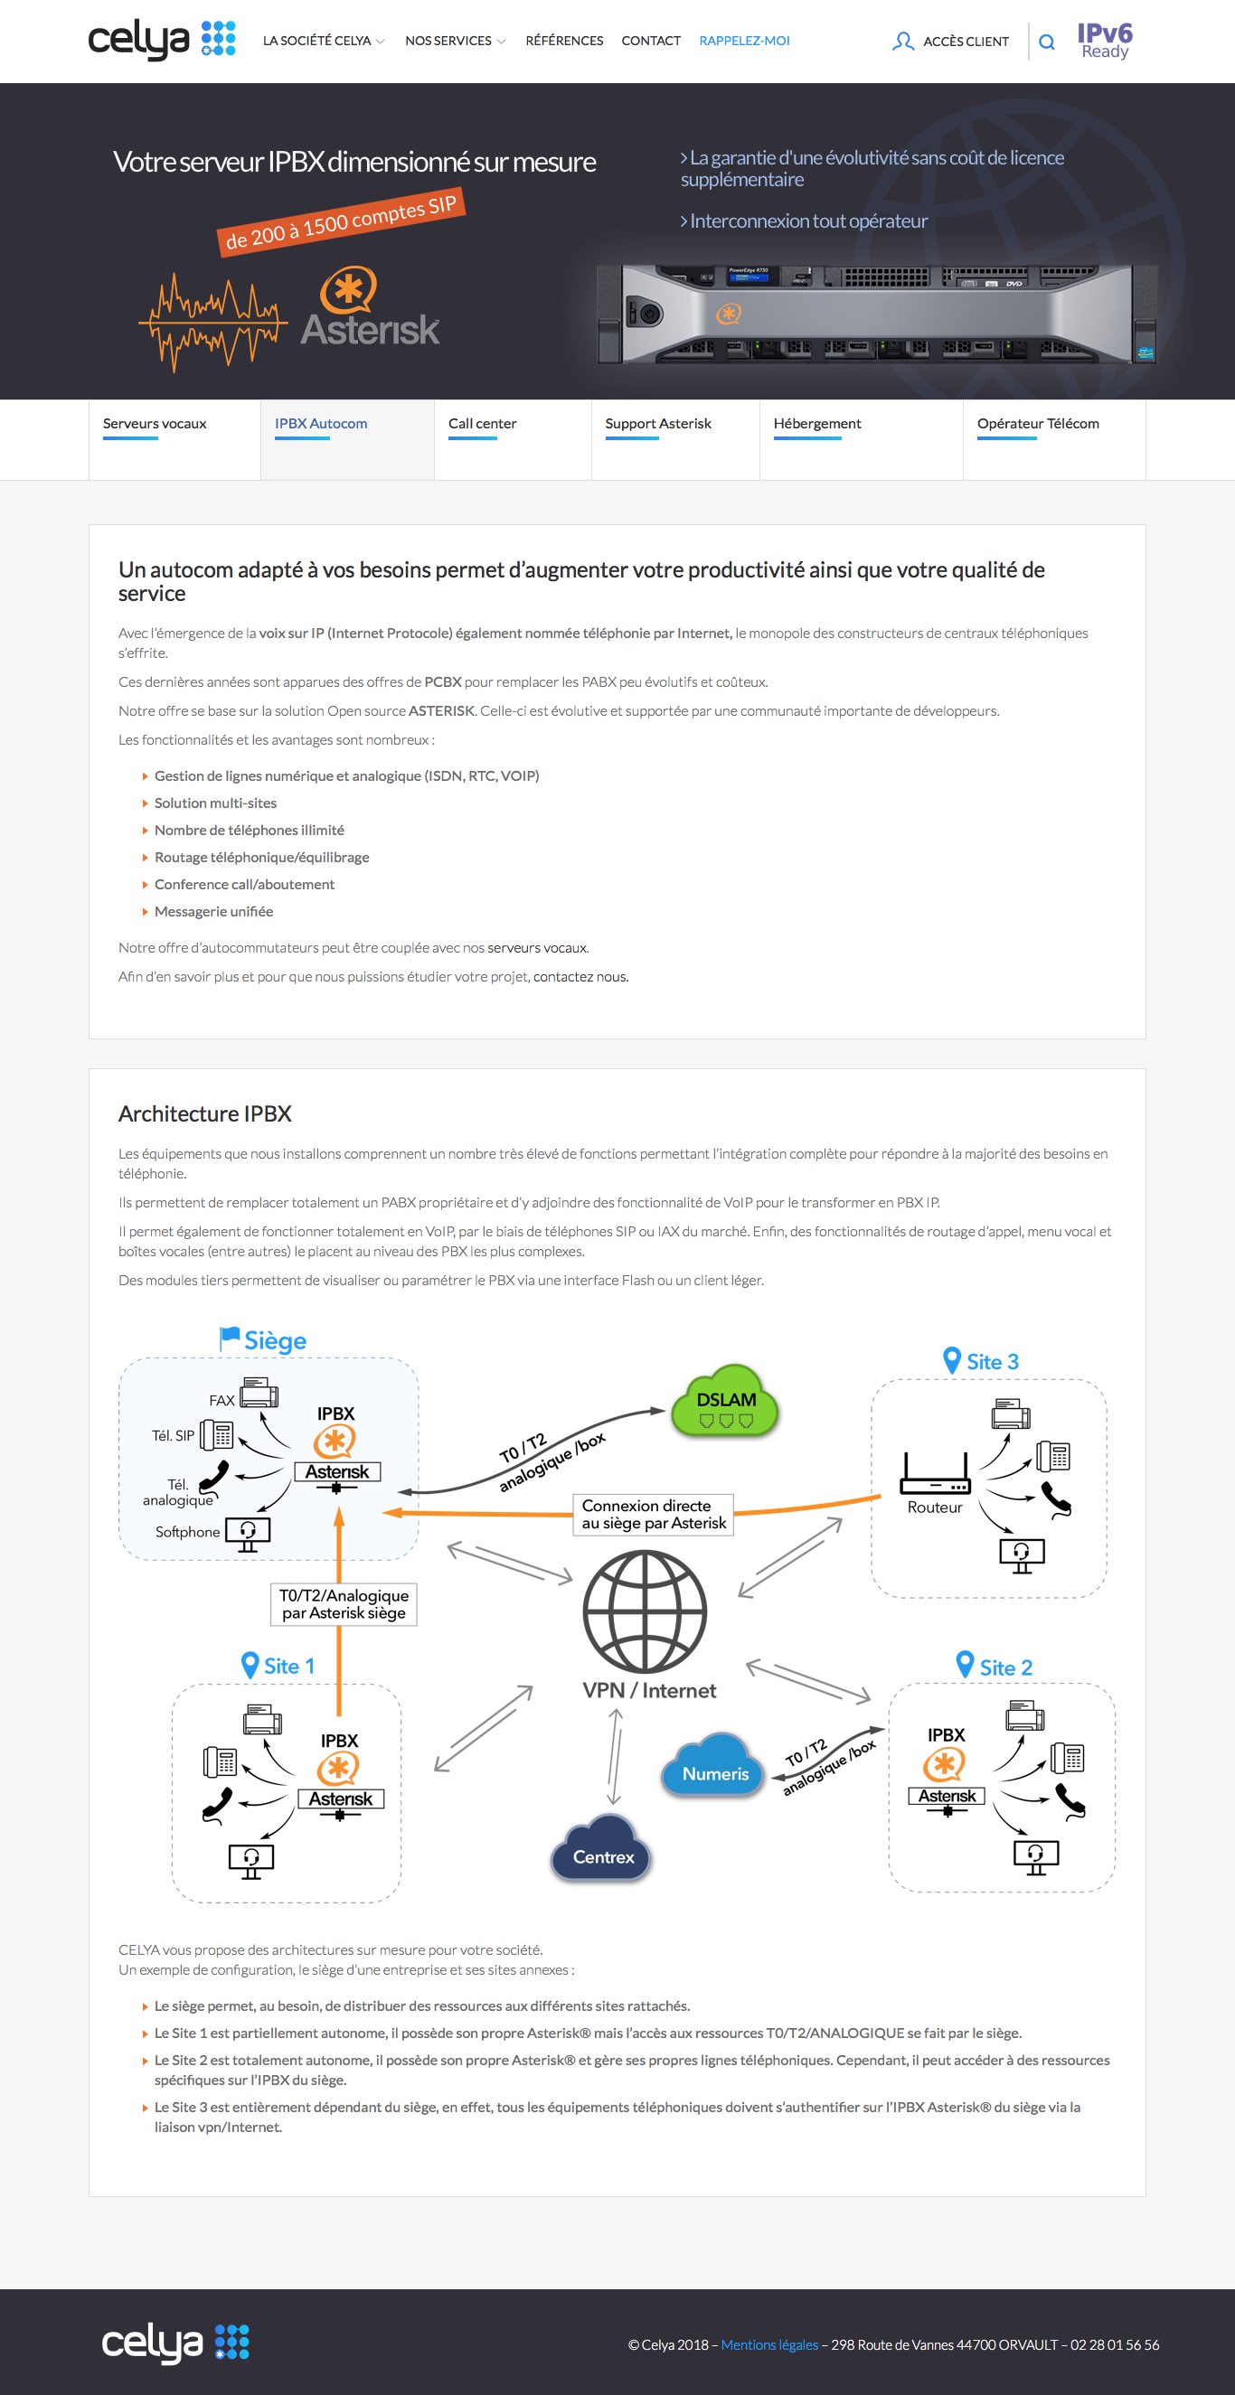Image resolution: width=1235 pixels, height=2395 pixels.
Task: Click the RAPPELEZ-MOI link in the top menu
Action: [x=744, y=41]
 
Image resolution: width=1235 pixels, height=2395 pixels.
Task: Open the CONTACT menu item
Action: [x=651, y=41]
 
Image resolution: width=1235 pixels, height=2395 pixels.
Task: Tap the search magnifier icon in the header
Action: [x=1046, y=42]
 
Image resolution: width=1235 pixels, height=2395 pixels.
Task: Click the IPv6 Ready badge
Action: [x=1105, y=41]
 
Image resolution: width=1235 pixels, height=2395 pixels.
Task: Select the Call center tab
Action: [x=482, y=424]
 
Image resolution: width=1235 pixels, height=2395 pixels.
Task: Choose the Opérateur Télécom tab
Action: [x=1038, y=424]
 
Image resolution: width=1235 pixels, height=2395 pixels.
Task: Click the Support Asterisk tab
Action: [x=657, y=424]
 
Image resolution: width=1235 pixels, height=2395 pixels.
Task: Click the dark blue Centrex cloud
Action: [x=603, y=1850]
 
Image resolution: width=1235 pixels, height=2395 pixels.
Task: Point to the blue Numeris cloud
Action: [x=714, y=1767]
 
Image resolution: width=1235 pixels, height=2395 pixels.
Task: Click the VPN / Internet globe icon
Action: [x=645, y=1611]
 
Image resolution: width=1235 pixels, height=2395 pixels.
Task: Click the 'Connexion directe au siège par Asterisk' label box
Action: [x=653, y=1515]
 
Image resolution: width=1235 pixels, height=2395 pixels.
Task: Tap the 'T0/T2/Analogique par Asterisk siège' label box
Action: [x=344, y=1605]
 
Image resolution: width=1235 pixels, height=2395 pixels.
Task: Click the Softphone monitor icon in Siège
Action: [x=248, y=1535]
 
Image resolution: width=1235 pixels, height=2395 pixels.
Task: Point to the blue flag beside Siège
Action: [x=229, y=1338]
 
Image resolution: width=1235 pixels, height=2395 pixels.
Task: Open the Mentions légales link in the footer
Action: [x=769, y=2344]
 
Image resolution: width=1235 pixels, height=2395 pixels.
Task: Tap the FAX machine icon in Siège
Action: [x=259, y=1393]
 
